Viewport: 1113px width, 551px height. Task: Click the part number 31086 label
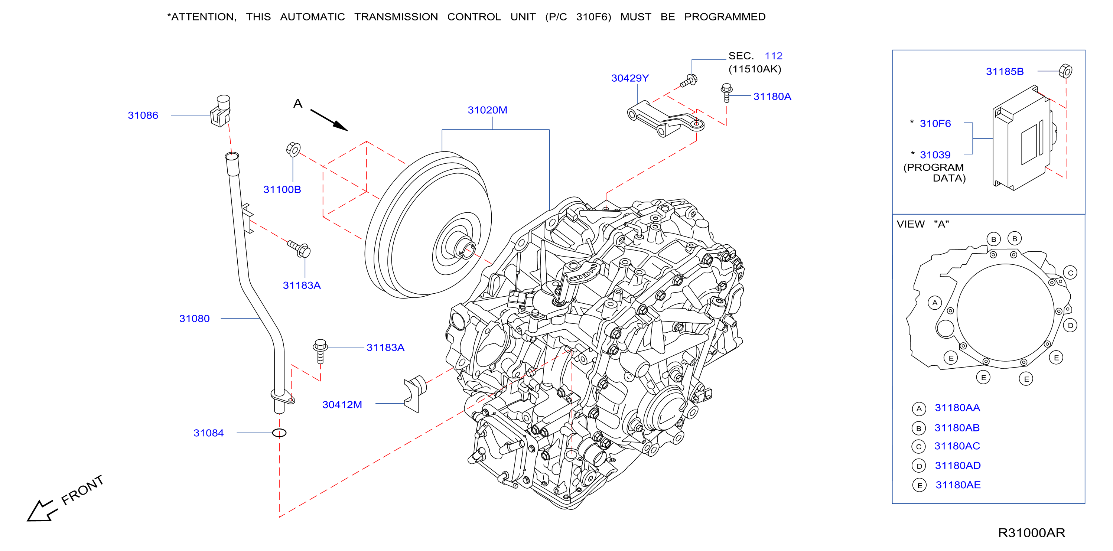pos(143,115)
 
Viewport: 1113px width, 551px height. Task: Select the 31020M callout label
pos(487,110)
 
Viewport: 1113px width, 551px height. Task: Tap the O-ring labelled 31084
pos(279,433)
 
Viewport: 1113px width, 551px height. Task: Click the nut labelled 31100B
pos(293,149)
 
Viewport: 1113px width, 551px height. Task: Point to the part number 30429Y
pos(630,78)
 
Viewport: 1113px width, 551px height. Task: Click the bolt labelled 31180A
pos(727,93)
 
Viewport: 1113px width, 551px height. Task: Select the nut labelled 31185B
pos(1065,71)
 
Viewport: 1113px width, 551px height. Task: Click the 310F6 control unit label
pos(935,124)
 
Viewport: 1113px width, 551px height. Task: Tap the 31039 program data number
pos(935,154)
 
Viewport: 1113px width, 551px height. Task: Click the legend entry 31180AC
pos(957,446)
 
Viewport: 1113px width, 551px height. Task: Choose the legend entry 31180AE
pos(958,485)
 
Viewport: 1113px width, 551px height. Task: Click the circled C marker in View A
pos(1070,273)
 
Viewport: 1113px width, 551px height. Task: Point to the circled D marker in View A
pos(1070,326)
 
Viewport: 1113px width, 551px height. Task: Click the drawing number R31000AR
pos(1031,533)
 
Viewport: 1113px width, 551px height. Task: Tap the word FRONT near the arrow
pos(82,490)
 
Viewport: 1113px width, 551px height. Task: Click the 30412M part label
pos(342,405)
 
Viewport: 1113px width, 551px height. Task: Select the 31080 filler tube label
pos(195,318)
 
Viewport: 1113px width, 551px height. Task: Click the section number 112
pos(774,56)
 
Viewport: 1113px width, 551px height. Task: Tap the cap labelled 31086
pos(221,111)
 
